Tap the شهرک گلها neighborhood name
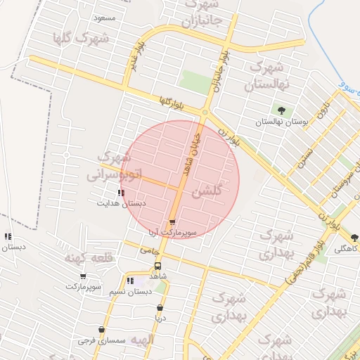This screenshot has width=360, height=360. coord(80,37)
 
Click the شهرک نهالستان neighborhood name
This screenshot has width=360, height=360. coord(268,77)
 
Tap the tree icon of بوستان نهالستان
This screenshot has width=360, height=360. coord(282,110)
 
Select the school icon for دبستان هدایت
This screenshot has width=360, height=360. coord(122,192)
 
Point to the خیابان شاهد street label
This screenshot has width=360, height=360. coord(191,155)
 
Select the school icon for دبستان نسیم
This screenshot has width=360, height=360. coord(129,281)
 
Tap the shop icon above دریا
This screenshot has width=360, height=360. coord(160,307)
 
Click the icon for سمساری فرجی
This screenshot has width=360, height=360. coord(101,329)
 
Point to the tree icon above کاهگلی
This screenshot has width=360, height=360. coord(354,238)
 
